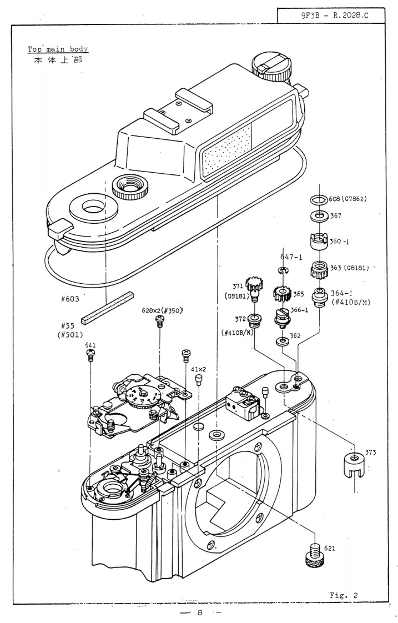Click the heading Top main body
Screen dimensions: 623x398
tap(58, 49)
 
